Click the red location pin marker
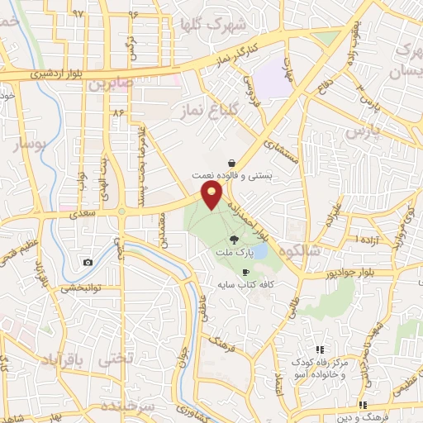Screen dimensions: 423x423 [x=213, y=195]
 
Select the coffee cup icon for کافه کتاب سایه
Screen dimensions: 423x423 [x=245, y=271]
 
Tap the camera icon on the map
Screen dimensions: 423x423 [x=88, y=263]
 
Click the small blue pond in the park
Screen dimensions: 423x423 [x=259, y=250]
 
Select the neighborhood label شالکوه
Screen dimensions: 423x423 [x=298, y=250]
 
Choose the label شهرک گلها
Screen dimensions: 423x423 [x=238, y=24]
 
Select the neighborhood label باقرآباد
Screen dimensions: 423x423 [x=59, y=361]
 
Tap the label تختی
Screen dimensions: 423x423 [x=116, y=361]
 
